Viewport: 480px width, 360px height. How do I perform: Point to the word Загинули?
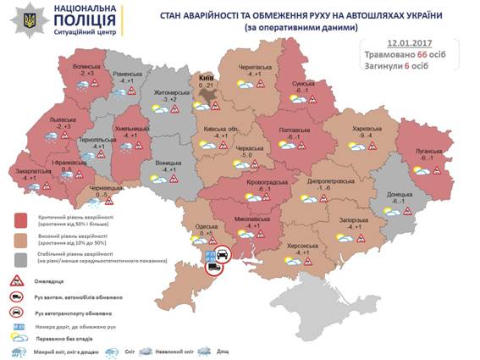pyautogui.click(x=385, y=64)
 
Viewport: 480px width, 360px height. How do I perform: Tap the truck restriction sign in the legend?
pyautogui.click(x=18, y=297)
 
